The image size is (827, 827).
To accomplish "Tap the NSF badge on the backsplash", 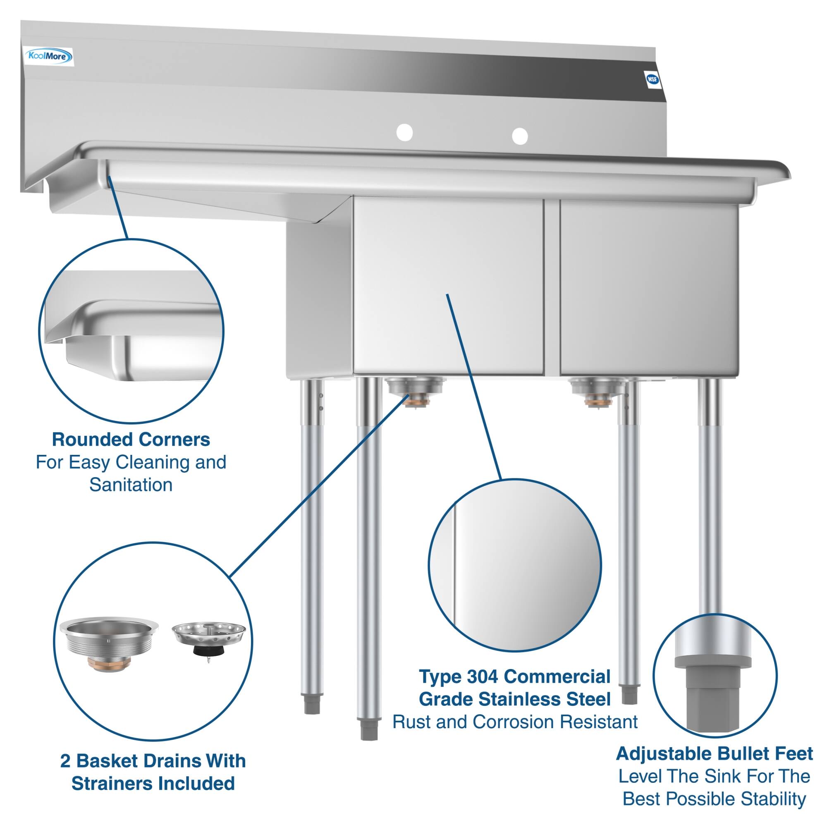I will [652, 80].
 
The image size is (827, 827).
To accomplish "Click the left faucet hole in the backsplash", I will [404, 132].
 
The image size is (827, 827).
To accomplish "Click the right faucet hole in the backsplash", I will [520, 136].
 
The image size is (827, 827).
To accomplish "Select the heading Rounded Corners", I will [131, 440].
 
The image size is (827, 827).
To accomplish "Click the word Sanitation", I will [131, 485].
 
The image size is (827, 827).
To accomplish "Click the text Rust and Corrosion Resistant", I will [515, 722].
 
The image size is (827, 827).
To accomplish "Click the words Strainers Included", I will [153, 783].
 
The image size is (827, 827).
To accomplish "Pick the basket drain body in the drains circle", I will [108, 644].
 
